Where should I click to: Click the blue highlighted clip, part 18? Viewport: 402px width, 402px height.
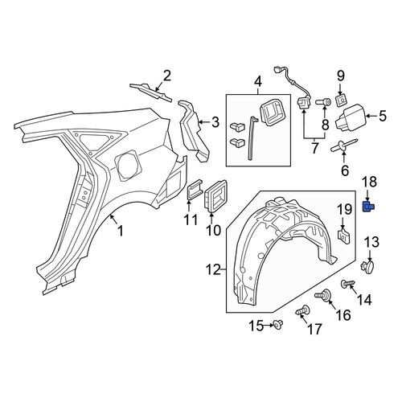click(368, 207)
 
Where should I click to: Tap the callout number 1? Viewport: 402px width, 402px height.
click(121, 231)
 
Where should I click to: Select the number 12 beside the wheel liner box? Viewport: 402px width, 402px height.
click(214, 269)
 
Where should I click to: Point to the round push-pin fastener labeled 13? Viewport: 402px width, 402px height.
click(367, 267)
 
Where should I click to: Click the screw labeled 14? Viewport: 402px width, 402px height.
click(348, 284)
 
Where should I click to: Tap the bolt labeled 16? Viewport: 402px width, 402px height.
click(323, 297)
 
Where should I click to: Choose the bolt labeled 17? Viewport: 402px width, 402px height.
click(303, 311)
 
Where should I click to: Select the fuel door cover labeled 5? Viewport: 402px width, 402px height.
click(350, 117)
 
